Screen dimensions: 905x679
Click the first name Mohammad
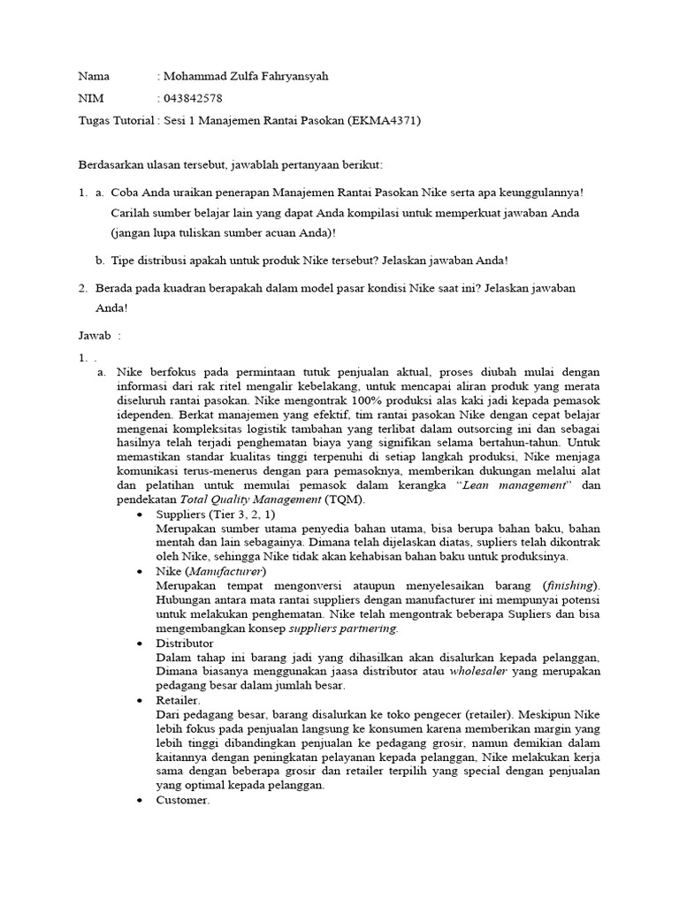195,76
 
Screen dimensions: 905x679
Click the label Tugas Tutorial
116,120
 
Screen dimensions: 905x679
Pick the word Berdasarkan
112,166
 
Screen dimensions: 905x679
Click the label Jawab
95,335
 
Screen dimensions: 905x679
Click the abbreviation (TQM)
337,499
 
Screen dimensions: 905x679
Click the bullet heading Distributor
184,643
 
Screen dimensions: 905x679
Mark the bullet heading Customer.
182,800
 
